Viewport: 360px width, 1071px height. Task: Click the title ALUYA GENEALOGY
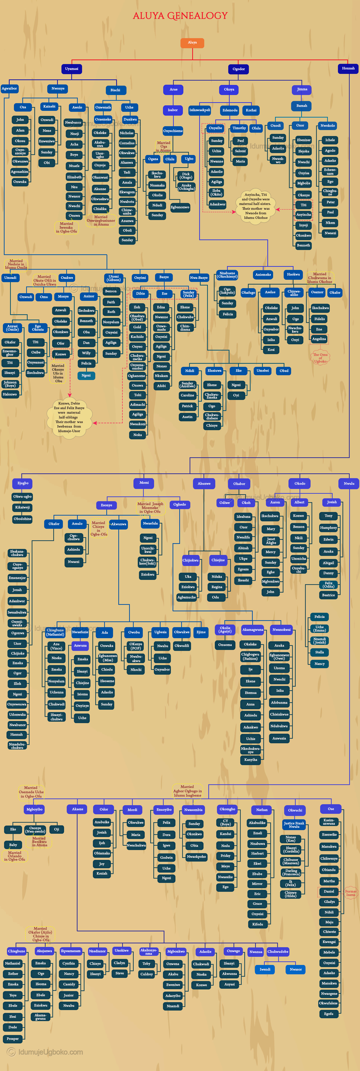click(180, 16)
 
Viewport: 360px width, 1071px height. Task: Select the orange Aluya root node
click(192, 43)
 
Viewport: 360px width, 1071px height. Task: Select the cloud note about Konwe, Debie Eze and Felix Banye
click(69, 417)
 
